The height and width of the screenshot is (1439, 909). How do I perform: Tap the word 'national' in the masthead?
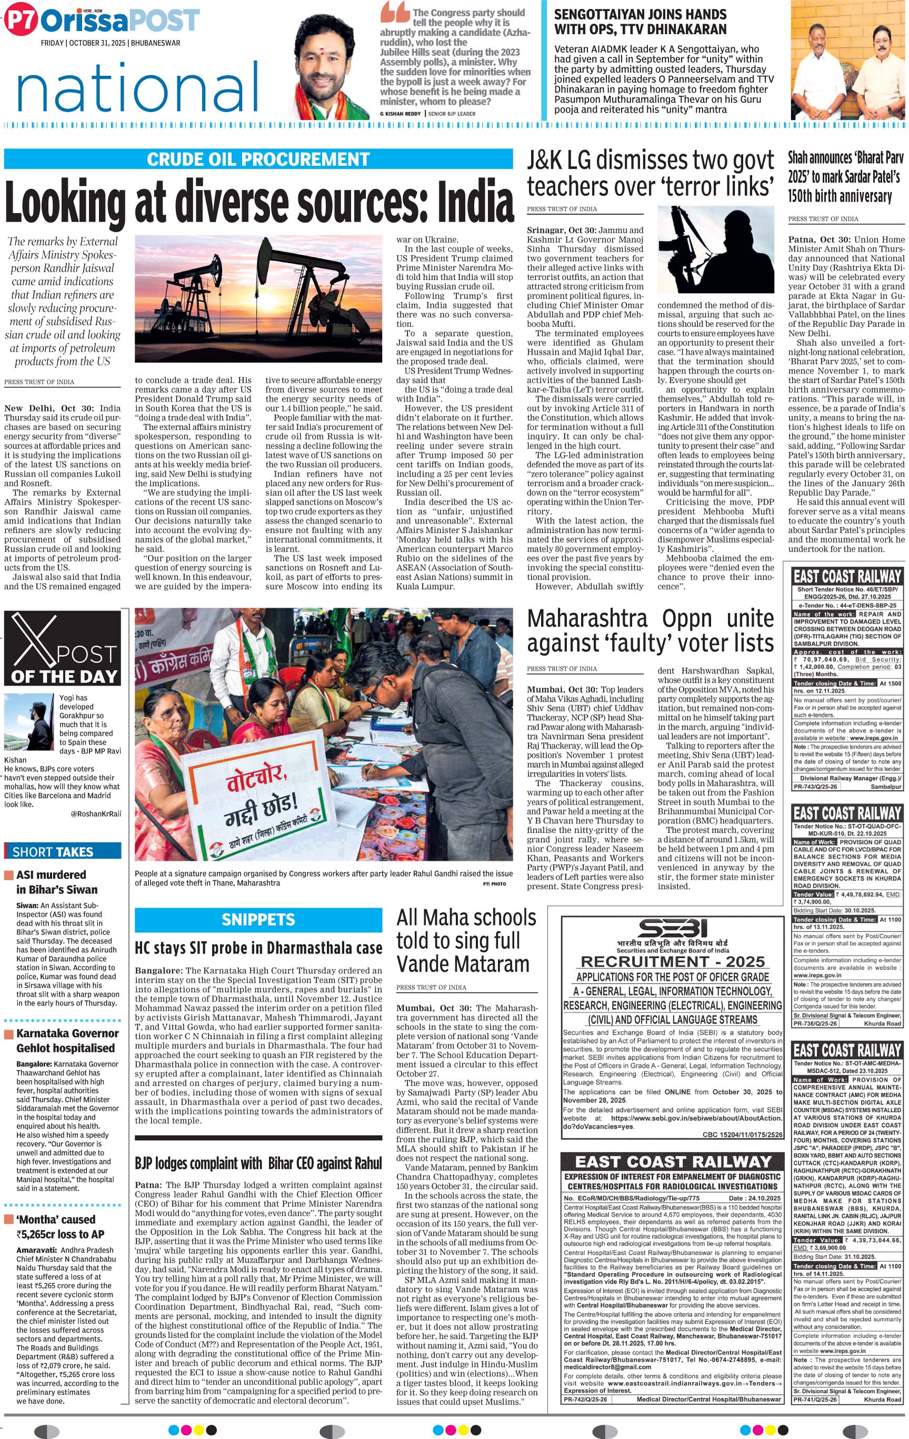point(137,88)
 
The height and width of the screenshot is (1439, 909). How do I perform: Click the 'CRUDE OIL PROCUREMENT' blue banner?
point(258,159)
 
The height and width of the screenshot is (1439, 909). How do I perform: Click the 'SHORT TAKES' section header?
point(53,852)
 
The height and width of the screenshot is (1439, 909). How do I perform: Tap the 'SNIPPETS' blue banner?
point(258,919)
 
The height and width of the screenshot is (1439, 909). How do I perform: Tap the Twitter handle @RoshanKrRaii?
point(95,813)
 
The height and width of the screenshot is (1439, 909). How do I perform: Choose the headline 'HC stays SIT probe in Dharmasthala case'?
point(258,948)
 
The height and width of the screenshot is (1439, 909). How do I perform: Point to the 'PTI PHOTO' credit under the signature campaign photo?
point(494,883)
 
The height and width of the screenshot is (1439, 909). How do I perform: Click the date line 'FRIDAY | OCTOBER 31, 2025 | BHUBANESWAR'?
point(111,43)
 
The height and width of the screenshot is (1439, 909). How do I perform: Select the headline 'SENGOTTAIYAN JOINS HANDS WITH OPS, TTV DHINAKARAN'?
point(640,22)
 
